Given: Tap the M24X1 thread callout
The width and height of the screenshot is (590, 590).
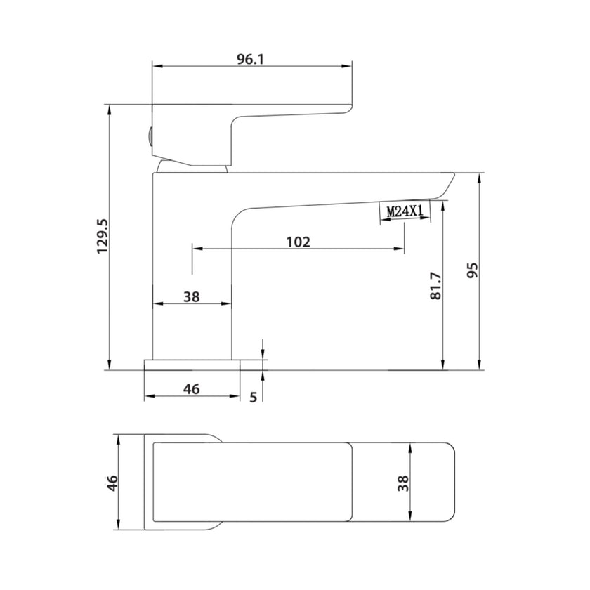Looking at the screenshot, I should (x=405, y=211).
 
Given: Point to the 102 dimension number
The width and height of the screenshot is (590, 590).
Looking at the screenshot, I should (x=299, y=242).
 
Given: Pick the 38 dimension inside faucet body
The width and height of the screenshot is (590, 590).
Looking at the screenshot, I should (x=191, y=297).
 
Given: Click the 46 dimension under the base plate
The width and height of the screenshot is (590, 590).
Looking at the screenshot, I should (x=191, y=388).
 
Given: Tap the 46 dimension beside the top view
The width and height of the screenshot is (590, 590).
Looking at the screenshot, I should (x=112, y=483).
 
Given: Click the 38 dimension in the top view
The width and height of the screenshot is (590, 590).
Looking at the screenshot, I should (x=403, y=483).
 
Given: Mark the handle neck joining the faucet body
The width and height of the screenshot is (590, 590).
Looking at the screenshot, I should (x=192, y=166).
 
